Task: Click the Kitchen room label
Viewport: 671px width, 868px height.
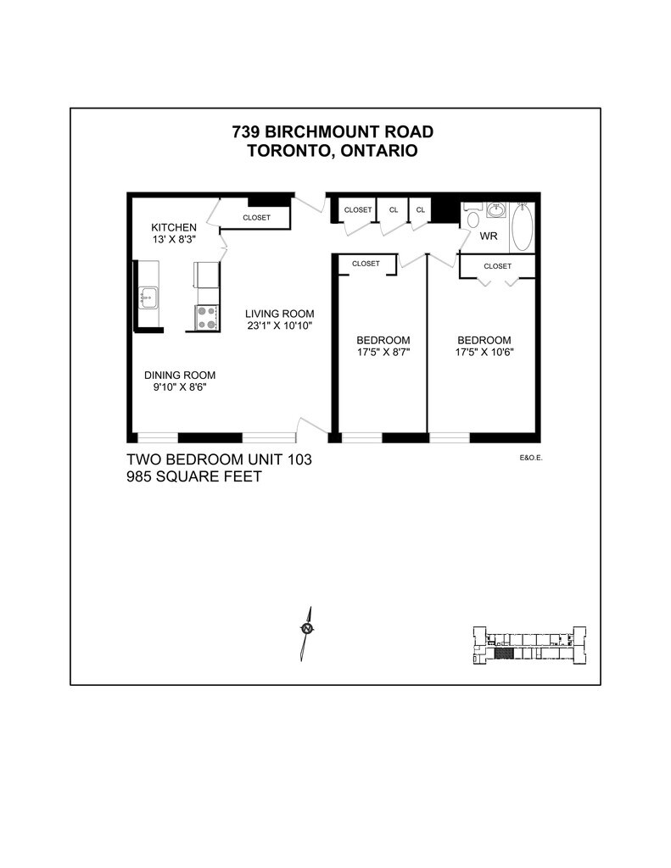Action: click(174, 227)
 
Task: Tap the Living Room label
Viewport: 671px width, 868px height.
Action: click(274, 312)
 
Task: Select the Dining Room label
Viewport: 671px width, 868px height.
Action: click(179, 376)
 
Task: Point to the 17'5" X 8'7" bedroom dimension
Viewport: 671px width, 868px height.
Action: click(383, 353)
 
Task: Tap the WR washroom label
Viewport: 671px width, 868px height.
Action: click(489, 236)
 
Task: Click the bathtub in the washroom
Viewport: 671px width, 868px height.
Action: click(522, 227)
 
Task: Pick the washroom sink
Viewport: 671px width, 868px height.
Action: click(496, 209)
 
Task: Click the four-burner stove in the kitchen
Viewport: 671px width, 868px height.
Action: click(206, 318)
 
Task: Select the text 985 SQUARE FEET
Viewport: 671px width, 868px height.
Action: click(193, 477)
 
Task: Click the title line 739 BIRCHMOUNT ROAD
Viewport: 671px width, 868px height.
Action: click(333, 132)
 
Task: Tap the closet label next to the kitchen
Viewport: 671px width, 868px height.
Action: click(256, 218)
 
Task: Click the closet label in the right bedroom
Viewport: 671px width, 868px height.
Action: click(497, 266)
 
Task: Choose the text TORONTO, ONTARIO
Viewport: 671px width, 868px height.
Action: click(333, 151)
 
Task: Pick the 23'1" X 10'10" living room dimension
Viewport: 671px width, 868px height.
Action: click(274, 325)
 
